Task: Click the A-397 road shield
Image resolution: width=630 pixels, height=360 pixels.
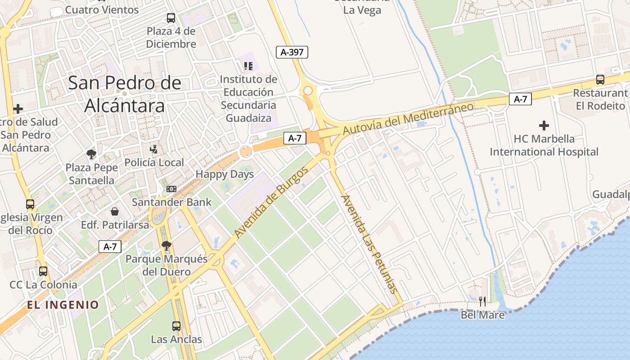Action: pyautogui.click(x=292, y=52)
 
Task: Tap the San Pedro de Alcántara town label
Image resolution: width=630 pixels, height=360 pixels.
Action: pyautogui.click(x=125, y=94)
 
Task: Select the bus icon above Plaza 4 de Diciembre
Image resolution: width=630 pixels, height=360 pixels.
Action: pyautogui.click(x=171, y=18)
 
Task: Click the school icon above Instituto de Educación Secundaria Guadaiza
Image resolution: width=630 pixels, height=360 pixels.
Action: pyautogui.click(x=248, y=66)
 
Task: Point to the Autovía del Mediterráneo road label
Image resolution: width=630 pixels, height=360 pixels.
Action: pyautogui.click(x=408, y=118)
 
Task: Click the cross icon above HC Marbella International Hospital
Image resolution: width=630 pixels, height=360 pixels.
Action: pyautogui.click(x=544, y=126)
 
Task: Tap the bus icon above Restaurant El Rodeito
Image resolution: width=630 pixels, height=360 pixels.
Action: pyautogui.click(x=600, y=80)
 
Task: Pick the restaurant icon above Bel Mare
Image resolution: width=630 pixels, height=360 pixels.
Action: pyautogui.click(x=482, y=301)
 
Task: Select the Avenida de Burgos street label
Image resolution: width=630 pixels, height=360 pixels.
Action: pyautogui.click(x=271, y=202)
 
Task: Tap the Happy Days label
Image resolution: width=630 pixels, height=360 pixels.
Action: pyautogui.click(x=225, y=174)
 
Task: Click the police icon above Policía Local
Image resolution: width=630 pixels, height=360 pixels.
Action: pyautogui.click(x=154, y=149)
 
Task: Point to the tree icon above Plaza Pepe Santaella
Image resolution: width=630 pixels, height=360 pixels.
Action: pyautogui.click(x=91, y=154)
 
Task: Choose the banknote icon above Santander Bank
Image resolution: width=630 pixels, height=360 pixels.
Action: pyautogui.click(x=171, y=189)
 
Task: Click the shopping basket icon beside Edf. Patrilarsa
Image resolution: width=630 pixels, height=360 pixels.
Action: pyautogui.click(x=115, y=211)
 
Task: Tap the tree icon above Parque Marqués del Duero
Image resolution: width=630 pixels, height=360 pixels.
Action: pyautogui.click(x=166, y=245)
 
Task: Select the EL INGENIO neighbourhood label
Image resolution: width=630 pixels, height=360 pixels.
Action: pyautogui.click(x=63, y=305)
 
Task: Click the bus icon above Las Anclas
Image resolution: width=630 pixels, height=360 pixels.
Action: pyautogui.click(x=176, y=326)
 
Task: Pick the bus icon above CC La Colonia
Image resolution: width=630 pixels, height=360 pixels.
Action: pyautogui.click(x=43, y=271)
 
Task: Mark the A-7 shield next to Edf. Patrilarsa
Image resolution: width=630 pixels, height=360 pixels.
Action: pyautogui.click(x=110, y=246)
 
